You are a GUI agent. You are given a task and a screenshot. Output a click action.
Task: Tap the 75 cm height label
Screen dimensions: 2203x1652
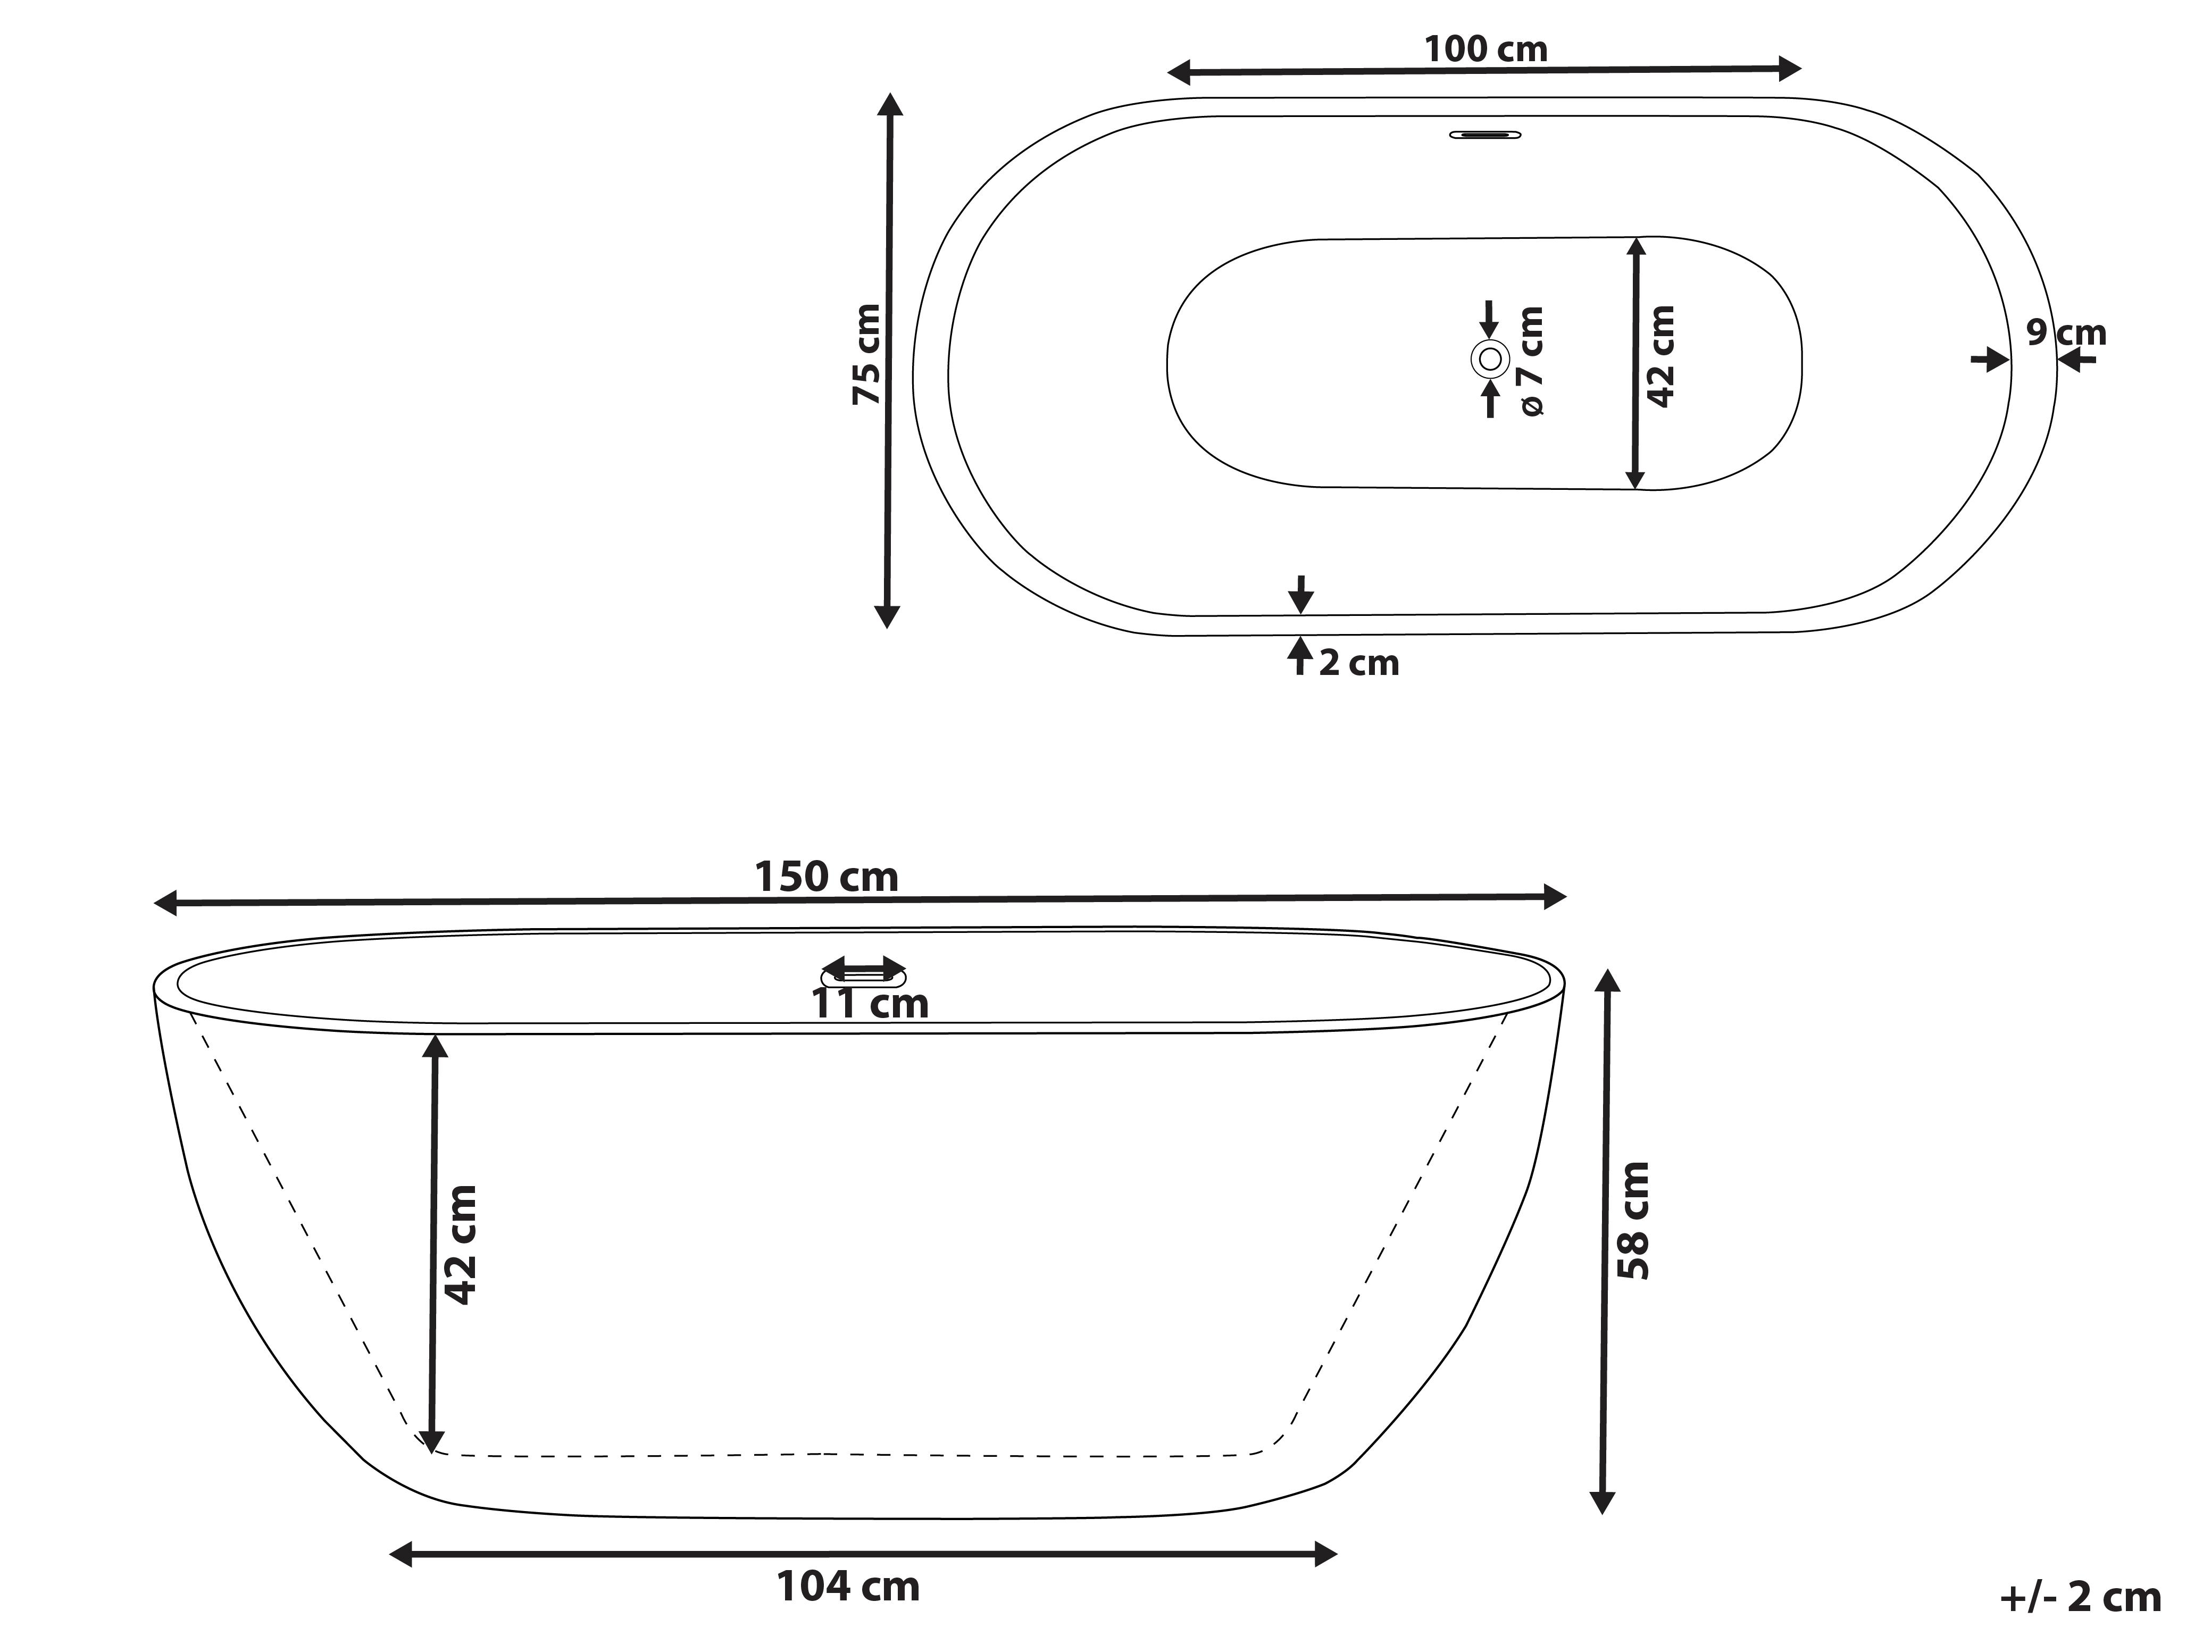866,355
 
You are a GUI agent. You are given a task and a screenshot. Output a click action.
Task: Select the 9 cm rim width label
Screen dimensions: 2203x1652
2066,332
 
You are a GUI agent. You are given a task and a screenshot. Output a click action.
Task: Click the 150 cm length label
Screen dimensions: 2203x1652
827,877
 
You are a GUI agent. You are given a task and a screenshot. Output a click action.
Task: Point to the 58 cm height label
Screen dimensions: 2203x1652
1634,1220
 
